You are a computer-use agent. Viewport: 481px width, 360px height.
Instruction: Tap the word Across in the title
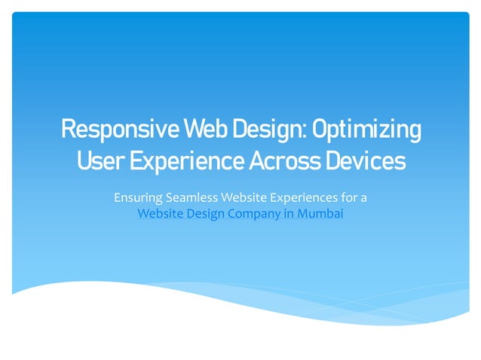point(286,160)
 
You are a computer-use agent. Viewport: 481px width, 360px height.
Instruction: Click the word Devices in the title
point(366,160)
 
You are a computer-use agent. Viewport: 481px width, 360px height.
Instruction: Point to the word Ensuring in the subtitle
point(136,198)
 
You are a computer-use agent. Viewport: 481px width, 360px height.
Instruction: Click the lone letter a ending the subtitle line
point(364,198)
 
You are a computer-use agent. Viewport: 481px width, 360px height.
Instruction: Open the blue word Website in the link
point(160,213)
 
